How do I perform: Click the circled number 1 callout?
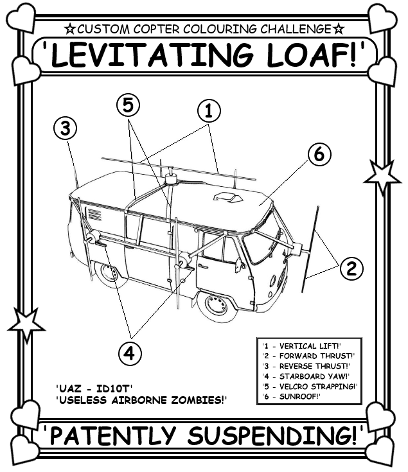[209, 110]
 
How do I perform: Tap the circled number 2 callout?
[350, 268]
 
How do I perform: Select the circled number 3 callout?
[65, 128]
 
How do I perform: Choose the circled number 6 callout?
[319, 154]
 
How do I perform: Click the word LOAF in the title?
[312, 56]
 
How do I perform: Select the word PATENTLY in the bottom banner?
[112, 437]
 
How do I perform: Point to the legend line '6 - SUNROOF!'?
[292, 397]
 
